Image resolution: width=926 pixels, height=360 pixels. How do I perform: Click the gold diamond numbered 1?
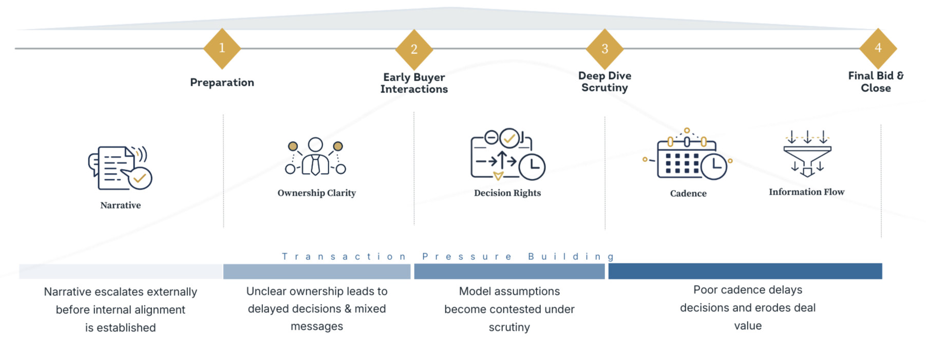(x=222, y=48)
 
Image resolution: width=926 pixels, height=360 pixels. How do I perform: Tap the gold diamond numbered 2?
(x=414, y=49)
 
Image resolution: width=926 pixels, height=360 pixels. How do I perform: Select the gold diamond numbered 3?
(x=604, y=49)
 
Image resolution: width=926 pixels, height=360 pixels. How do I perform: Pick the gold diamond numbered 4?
(x=878, y=48)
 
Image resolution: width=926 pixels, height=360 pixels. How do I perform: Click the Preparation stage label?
(x=221, y=82)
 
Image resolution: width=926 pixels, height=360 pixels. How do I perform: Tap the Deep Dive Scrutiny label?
(x=604, y=82)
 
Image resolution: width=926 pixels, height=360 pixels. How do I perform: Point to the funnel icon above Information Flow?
(x=806, y=156)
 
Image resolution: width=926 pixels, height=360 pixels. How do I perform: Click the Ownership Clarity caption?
(x=317, y=194)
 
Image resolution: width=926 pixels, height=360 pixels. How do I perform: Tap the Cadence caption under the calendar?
(x=689, y=194)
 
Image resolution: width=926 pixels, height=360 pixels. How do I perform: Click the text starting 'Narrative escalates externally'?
(x=120, y=309)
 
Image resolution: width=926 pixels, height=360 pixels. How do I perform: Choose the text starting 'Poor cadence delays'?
(x=748, y=307)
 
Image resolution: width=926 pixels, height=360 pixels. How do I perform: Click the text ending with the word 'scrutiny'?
(x=508, y=309)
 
